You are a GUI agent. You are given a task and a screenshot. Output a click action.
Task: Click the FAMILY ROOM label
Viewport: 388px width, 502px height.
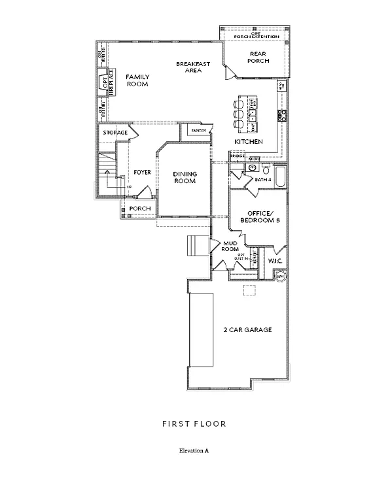click(137, 80)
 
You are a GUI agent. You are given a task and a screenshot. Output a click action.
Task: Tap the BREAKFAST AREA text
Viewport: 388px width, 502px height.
click(192, 67)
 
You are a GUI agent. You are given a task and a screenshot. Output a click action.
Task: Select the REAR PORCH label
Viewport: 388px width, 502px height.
click(258, 58)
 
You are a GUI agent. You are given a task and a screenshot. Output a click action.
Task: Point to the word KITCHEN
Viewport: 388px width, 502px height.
click(249, 142)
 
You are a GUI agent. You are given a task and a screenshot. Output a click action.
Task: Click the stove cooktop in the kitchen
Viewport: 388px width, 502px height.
click(281, 116)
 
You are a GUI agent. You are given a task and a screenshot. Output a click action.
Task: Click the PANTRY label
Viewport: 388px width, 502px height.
click(199, 131)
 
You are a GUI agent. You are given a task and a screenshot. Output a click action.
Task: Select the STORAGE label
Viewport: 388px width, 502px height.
click(115, 133)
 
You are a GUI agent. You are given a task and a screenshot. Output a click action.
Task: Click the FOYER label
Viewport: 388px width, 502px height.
click(142, 173)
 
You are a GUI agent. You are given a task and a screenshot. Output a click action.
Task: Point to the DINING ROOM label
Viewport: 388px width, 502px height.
click(185, 177)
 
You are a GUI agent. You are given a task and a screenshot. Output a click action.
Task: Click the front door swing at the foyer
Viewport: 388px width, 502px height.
click(149, 193)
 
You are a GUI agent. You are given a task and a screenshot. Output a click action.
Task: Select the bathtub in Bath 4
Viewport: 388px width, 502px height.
click(280, 176)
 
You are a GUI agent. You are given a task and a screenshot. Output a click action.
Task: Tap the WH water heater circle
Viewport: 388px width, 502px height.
click(281, 275)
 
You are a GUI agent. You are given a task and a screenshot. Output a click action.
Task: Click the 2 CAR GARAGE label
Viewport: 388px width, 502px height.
click(247, 329)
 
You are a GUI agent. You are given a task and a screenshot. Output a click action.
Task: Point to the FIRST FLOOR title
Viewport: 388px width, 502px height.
click(194, 424)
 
